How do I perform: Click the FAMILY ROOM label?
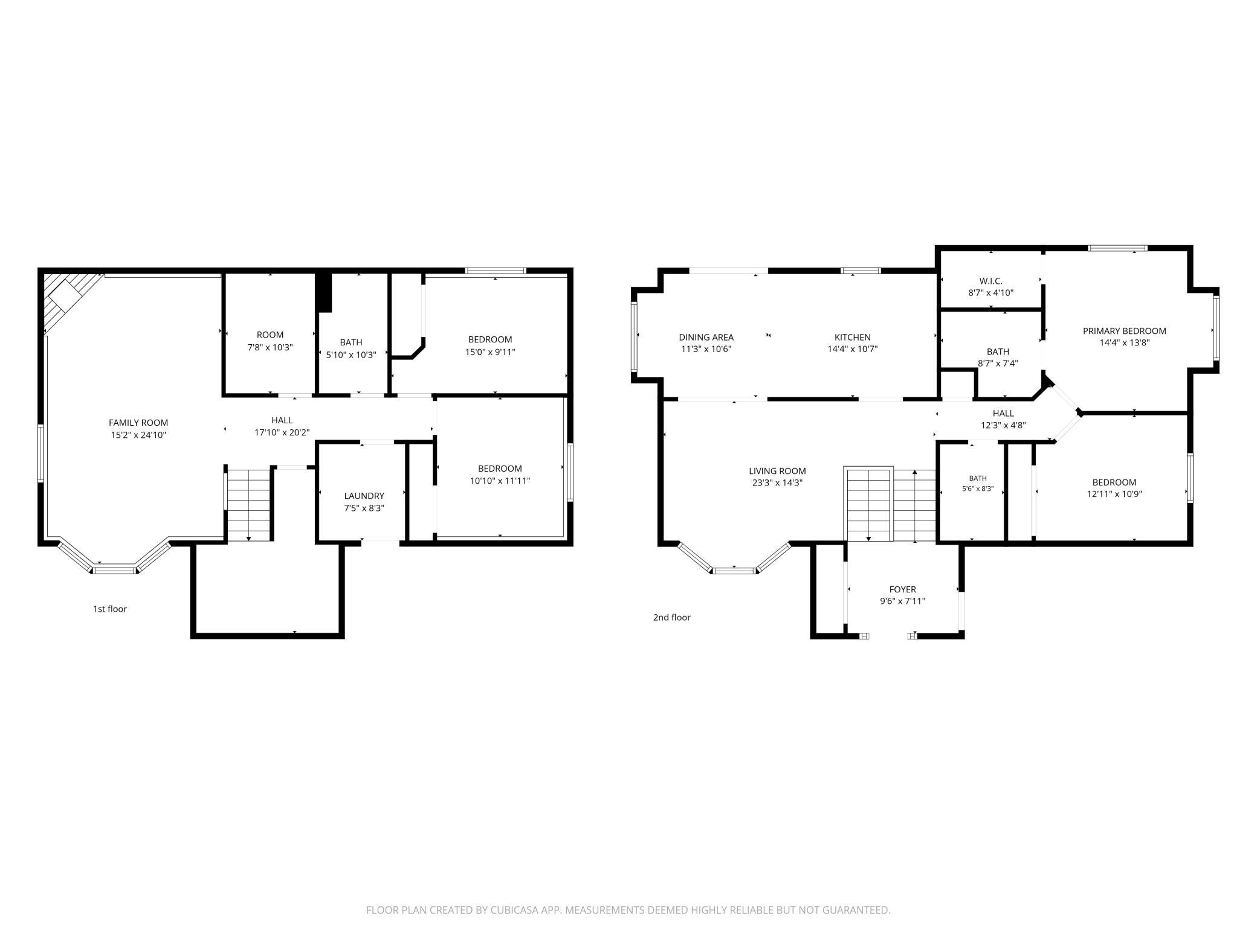coord(138,423)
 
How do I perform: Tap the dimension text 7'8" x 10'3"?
coord(270,347)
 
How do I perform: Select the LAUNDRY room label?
coord(364,496)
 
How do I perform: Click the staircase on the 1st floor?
coord(248,505)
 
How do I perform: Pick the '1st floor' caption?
coord(109,609)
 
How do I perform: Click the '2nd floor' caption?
coord(671,617)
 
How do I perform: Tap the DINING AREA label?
coord(706,337)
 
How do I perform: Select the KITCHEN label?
coord(852,337)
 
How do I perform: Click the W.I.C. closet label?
coord(990,281)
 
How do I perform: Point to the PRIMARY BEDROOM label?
coord(1124,331)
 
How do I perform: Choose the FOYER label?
coord(902,589)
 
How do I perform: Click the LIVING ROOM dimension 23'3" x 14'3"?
coord(777,482)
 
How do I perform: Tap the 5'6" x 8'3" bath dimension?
coord(978,489)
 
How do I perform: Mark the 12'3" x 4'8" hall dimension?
coord(1003,425)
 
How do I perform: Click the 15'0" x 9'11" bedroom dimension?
coord(490,352)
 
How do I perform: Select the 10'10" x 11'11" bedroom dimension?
coord(500,481)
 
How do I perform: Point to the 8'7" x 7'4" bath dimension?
coord(998,364)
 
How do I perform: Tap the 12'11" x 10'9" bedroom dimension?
coord(1114,494)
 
